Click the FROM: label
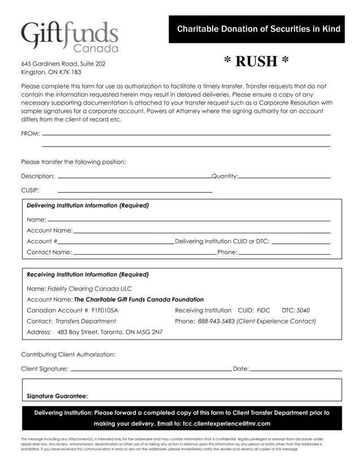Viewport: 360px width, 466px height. [30, 134]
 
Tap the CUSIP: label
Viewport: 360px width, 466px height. [30, 190]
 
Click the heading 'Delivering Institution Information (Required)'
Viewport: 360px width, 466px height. [87, 206]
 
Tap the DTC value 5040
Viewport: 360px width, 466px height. [303, 311]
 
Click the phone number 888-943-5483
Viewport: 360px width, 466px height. [216, 321]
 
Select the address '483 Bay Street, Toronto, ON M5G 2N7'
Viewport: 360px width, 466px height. [110, 332]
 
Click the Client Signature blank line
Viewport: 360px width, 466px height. [151, 369]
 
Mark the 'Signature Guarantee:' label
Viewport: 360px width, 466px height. [57, 396]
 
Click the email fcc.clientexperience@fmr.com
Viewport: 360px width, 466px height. [226, 424]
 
